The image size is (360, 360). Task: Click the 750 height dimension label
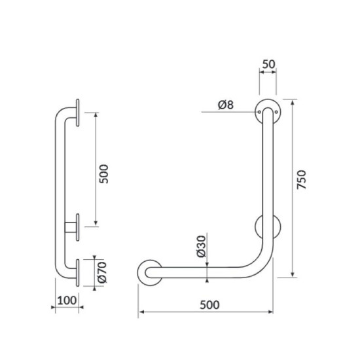[x=302, y=179]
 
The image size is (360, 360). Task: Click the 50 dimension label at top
[x=268, y=64]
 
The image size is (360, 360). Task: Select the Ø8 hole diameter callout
[x=226, y=105]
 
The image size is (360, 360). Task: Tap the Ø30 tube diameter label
[x=202, y=246]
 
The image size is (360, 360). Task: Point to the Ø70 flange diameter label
[x=102, y=272]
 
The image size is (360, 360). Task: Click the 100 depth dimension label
[x=67, y=300]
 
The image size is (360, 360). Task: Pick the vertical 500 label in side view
[x=103, y=174]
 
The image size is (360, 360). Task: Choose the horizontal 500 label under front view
[x=209, y=305]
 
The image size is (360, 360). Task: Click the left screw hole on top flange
[x=259, y=112]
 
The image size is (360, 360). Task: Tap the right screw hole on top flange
[x=276, y=112]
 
